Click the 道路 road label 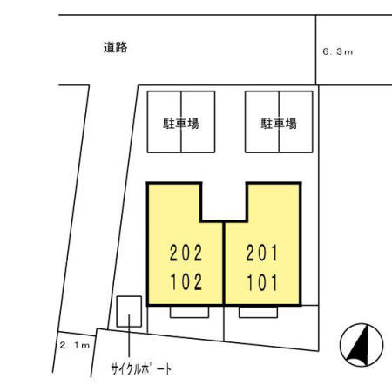[x=115, y=49]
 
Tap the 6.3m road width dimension [x=338, y=52]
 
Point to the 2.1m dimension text [x=74, y=346]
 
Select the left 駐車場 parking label [x=181, y=123]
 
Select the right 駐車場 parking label [x=279, y=123]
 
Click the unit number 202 [x=185, y=254]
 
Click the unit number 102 [x=185, y=280]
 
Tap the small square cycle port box [x=129, y=308]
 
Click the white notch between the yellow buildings [x=225, y=200]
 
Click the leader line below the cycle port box [x=129, y=340]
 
